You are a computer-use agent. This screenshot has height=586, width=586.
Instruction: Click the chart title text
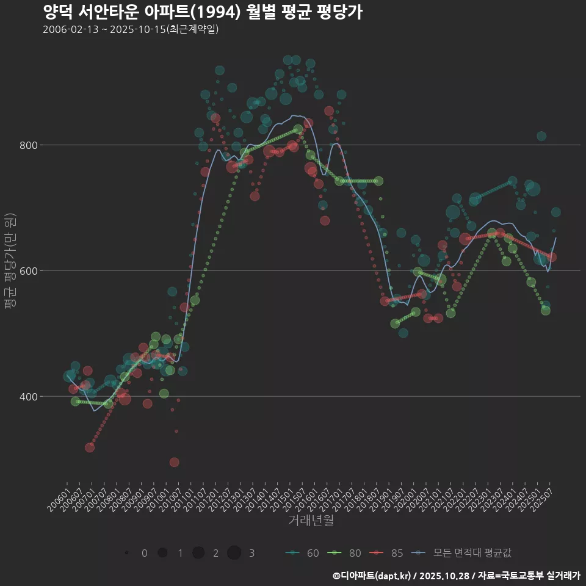[x=203, y=12]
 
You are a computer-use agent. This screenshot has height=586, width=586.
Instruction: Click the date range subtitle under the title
[x=131, y=30]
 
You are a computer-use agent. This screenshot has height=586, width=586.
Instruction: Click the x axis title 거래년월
[x=311, y=521]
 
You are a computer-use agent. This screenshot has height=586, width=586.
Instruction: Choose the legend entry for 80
[x=345, y=553]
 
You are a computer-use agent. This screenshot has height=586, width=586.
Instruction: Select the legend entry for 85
[x=388, y=553]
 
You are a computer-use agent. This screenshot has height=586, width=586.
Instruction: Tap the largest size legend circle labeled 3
[x=234, y=553]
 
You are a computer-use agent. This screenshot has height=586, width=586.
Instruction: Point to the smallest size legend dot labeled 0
[x=126, y=553]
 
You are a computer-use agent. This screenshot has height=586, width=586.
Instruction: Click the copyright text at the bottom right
[x=456, y=576]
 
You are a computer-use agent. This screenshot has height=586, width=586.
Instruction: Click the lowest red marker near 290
[x=175, y=462]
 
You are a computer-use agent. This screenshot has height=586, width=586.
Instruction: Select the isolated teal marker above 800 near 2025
[x=541, y=136]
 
